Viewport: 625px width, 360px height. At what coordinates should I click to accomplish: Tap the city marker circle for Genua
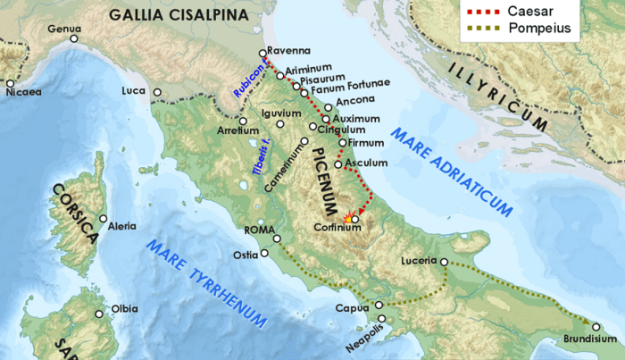74,40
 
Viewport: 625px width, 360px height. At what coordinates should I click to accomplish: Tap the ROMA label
257,230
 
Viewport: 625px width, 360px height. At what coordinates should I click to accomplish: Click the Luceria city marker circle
444,262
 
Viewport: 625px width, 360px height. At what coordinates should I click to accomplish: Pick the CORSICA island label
74,215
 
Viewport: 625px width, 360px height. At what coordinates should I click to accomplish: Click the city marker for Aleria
103,219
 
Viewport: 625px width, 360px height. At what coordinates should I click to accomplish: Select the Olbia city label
124,309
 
